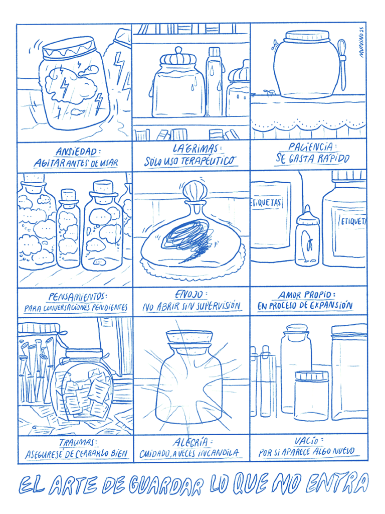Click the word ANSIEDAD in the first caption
pyautogui.click(x=77, y=152)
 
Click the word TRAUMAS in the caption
pyautogui.click(x=77, y=443)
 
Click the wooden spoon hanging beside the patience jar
pyautogui.click(x=342, y=64)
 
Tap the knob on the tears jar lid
pyautogui.click(x=178, y=51)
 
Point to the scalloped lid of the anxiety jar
pyautogui.click(x=68, y=47)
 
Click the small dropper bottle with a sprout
pyautogui.click(x=307, y=236)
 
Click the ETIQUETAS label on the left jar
pyautogui.click(x=267, y=203)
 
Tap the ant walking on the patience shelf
pyautogui.click(x=269, y=92)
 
